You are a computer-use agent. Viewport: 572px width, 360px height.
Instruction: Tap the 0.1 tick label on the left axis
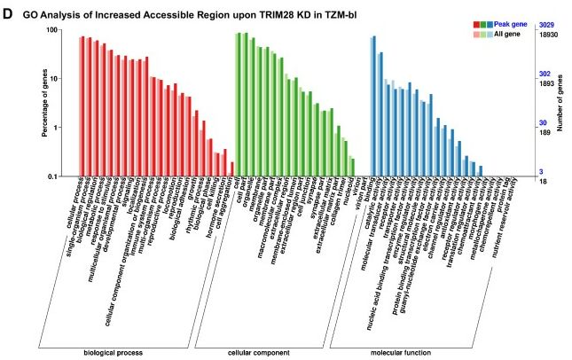51,176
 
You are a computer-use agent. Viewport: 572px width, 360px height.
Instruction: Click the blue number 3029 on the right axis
546,25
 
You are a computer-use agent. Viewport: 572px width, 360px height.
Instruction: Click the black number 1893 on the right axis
546,82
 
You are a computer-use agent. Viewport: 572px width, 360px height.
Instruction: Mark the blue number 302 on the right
545,74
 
